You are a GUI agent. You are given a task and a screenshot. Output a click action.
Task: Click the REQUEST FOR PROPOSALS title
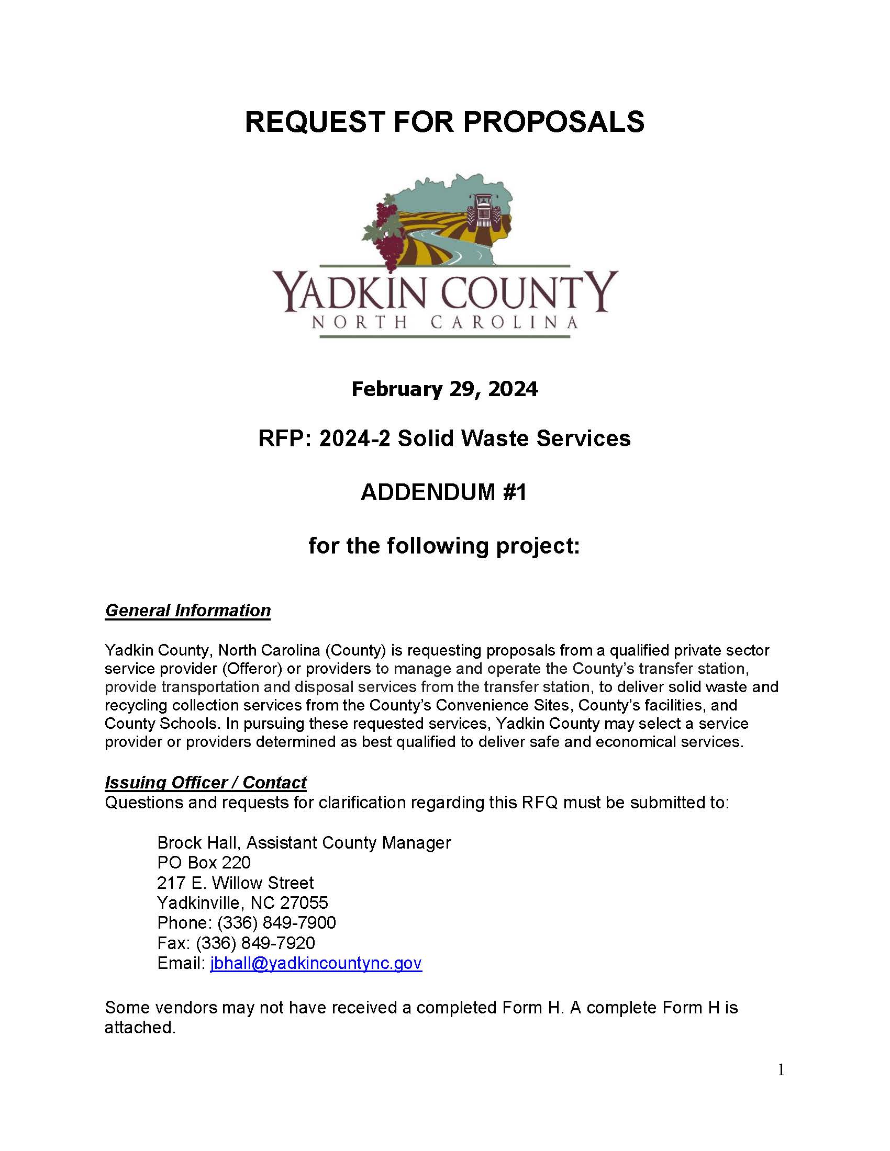coord(444,122)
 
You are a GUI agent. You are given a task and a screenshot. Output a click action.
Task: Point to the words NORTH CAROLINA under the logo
coord(444,322)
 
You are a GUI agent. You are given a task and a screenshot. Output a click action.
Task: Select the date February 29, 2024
coord(444,389)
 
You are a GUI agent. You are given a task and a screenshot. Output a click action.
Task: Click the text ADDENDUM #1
coord(444,492)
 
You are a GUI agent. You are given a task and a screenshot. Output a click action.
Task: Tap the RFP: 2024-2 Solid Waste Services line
coord(444,438)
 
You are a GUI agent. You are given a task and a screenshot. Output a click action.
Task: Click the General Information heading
coord(188,610)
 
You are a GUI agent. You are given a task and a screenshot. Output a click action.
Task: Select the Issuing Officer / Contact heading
coord(206,782)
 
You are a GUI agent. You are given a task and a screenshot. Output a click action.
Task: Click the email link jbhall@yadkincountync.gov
coord(316,963)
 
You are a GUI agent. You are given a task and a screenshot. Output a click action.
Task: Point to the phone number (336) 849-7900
coord(276,923)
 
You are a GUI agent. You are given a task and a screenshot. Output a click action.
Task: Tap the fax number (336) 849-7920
coord(255,943)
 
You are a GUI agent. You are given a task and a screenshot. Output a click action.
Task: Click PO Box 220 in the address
coord(204,863)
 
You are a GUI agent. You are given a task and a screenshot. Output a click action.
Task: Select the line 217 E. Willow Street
coord(235,883)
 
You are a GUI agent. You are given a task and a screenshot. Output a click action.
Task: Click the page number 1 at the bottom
coord(781,1070)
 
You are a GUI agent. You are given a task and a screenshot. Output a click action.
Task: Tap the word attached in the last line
coord(139,1027)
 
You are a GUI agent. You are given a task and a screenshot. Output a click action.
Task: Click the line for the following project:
coord(444,546)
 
